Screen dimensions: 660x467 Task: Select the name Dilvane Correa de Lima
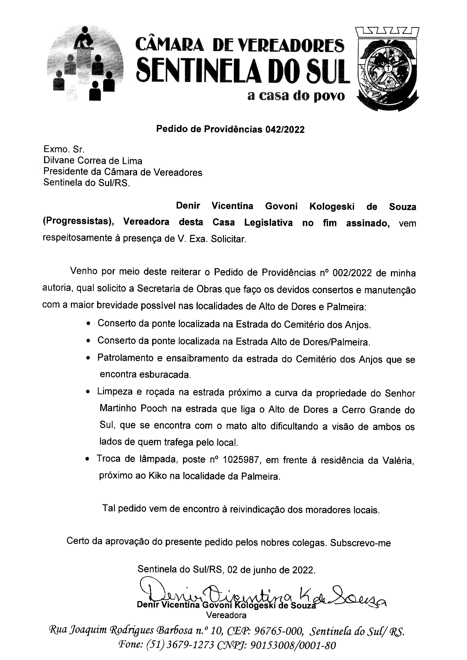point(93,160)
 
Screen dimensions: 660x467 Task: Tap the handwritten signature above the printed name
point(262,593)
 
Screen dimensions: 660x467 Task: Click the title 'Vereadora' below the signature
point(226,615)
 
